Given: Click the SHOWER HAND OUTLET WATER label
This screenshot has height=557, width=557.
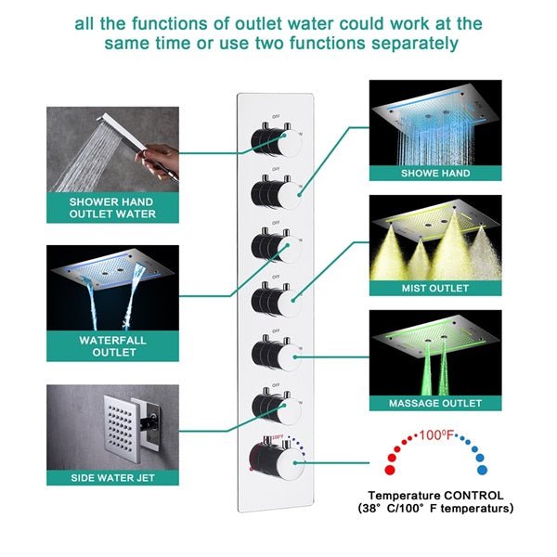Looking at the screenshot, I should [111, 207].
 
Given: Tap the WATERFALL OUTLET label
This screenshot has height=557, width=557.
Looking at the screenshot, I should [111, 346].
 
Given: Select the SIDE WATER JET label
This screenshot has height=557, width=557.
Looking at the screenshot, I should [111, 477].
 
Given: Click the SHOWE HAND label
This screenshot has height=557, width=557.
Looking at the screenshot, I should [435, 173].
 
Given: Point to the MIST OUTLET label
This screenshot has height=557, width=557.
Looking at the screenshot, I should [435, 289].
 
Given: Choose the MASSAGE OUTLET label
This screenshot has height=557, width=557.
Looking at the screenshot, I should [435, 403].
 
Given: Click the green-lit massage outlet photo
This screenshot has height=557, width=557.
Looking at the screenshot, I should [435, 353].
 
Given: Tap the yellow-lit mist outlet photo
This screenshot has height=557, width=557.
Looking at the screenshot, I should [435, 238].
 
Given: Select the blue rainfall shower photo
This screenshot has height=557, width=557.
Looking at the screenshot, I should [435, 122].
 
